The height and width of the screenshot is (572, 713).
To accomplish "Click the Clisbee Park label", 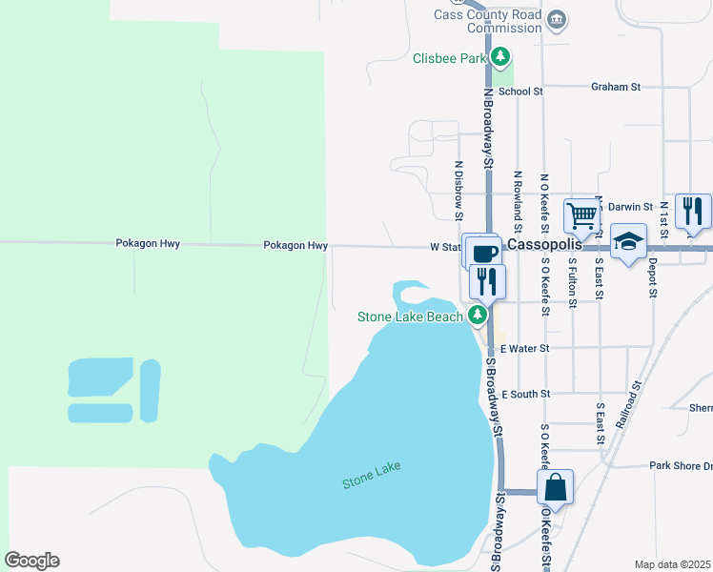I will pos(450,57).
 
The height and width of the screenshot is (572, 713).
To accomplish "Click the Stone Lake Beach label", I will pos(410,317).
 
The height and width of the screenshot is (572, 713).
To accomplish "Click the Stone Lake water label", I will pos(372,475).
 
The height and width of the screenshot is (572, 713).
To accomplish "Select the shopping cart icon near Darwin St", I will pos(581,216).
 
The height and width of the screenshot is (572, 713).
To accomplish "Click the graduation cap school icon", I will pos(629,242).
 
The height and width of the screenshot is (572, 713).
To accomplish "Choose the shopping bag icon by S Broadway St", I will pos(555,488).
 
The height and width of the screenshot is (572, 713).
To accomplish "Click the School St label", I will pos(520,92).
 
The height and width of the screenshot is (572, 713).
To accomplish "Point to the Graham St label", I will pos(615,87).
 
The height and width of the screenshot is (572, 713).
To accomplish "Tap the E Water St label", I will pos(525,349).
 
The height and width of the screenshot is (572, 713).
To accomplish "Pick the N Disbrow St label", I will pos(458,184).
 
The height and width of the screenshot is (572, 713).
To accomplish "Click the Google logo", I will pos(31,561).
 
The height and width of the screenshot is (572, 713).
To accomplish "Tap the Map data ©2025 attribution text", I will pos(672,564).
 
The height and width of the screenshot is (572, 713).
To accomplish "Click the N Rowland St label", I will pos(518,202).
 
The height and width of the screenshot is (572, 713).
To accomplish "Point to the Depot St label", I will pos(653,277).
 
